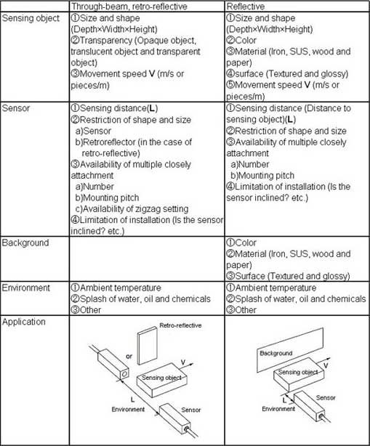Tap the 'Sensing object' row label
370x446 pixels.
click(x=31, y=17)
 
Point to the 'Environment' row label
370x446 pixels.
click(x=27, y=288)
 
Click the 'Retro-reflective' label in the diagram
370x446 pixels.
click(x=179, y=336)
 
